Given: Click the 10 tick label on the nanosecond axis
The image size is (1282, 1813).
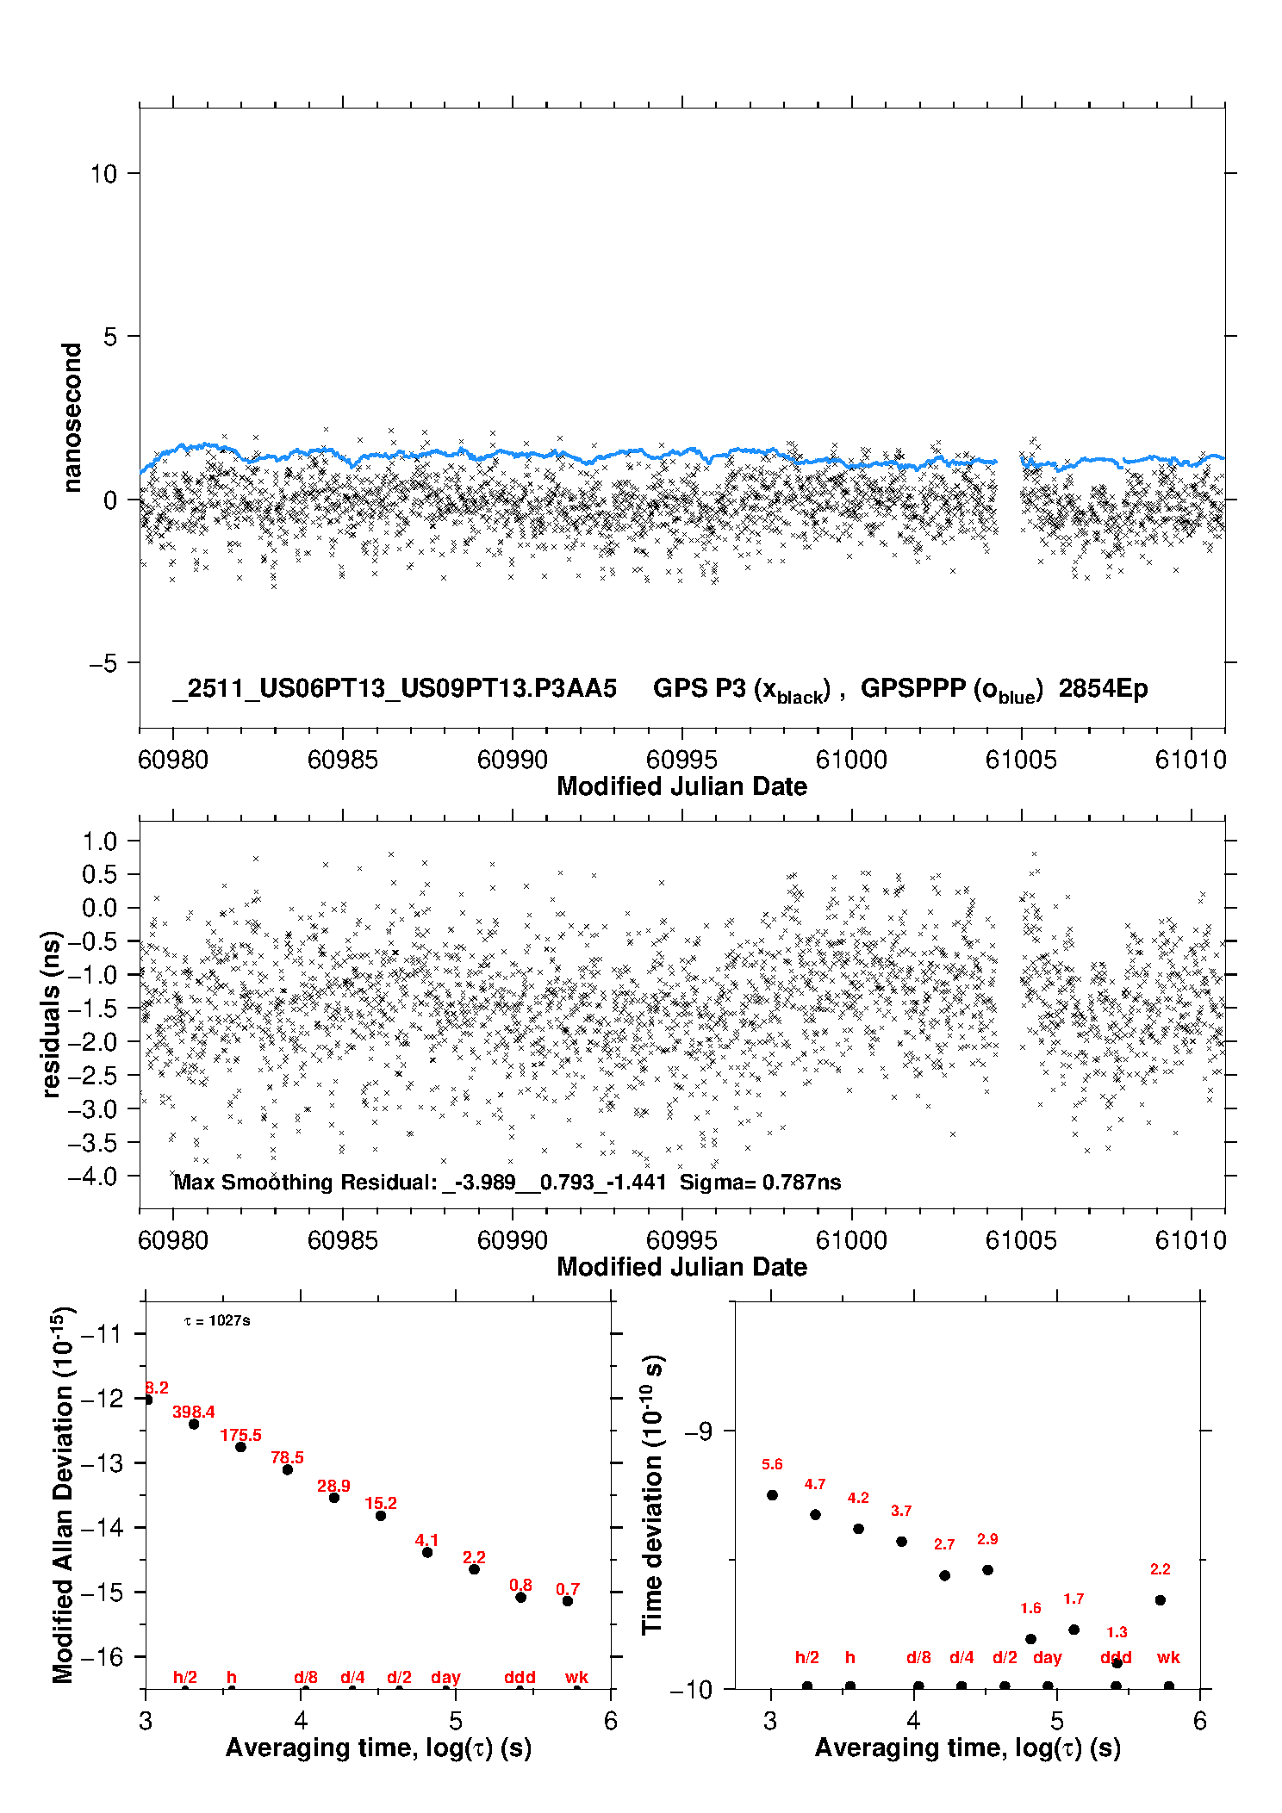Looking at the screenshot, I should (103, 174).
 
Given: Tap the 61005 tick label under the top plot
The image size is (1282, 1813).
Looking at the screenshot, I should (1021, 761).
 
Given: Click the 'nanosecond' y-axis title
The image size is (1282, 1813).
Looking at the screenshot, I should (72, 418).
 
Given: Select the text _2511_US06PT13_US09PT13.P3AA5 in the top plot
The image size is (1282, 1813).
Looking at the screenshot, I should (395, 689).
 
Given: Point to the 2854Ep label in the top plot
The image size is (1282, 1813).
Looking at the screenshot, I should (1103, 689).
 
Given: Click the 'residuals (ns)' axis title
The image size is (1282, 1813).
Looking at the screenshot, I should (52, 1014).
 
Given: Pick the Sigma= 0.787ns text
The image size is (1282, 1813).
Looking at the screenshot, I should (760, 1183).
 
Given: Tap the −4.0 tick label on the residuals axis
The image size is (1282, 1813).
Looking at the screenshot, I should (92, 1177).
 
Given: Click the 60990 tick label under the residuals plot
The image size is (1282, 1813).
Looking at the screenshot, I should (512, 1241).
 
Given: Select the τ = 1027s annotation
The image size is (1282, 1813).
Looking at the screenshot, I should (217, 1321).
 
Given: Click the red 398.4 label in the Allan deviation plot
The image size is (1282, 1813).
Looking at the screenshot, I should (193, 1413).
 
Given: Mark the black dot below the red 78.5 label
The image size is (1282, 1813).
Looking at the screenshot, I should (288, 1469).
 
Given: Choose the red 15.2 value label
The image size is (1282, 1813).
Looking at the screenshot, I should (381, 1504).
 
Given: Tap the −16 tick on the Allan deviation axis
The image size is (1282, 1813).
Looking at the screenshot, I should (102, 1657).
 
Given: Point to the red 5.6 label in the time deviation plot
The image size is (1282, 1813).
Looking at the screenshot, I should (772, 1465).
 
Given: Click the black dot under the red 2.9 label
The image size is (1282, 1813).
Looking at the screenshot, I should (987, 1570).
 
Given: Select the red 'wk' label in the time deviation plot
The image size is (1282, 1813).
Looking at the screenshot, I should (1168, 1658).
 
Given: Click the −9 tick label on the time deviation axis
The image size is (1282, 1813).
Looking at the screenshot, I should (699, 1432).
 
